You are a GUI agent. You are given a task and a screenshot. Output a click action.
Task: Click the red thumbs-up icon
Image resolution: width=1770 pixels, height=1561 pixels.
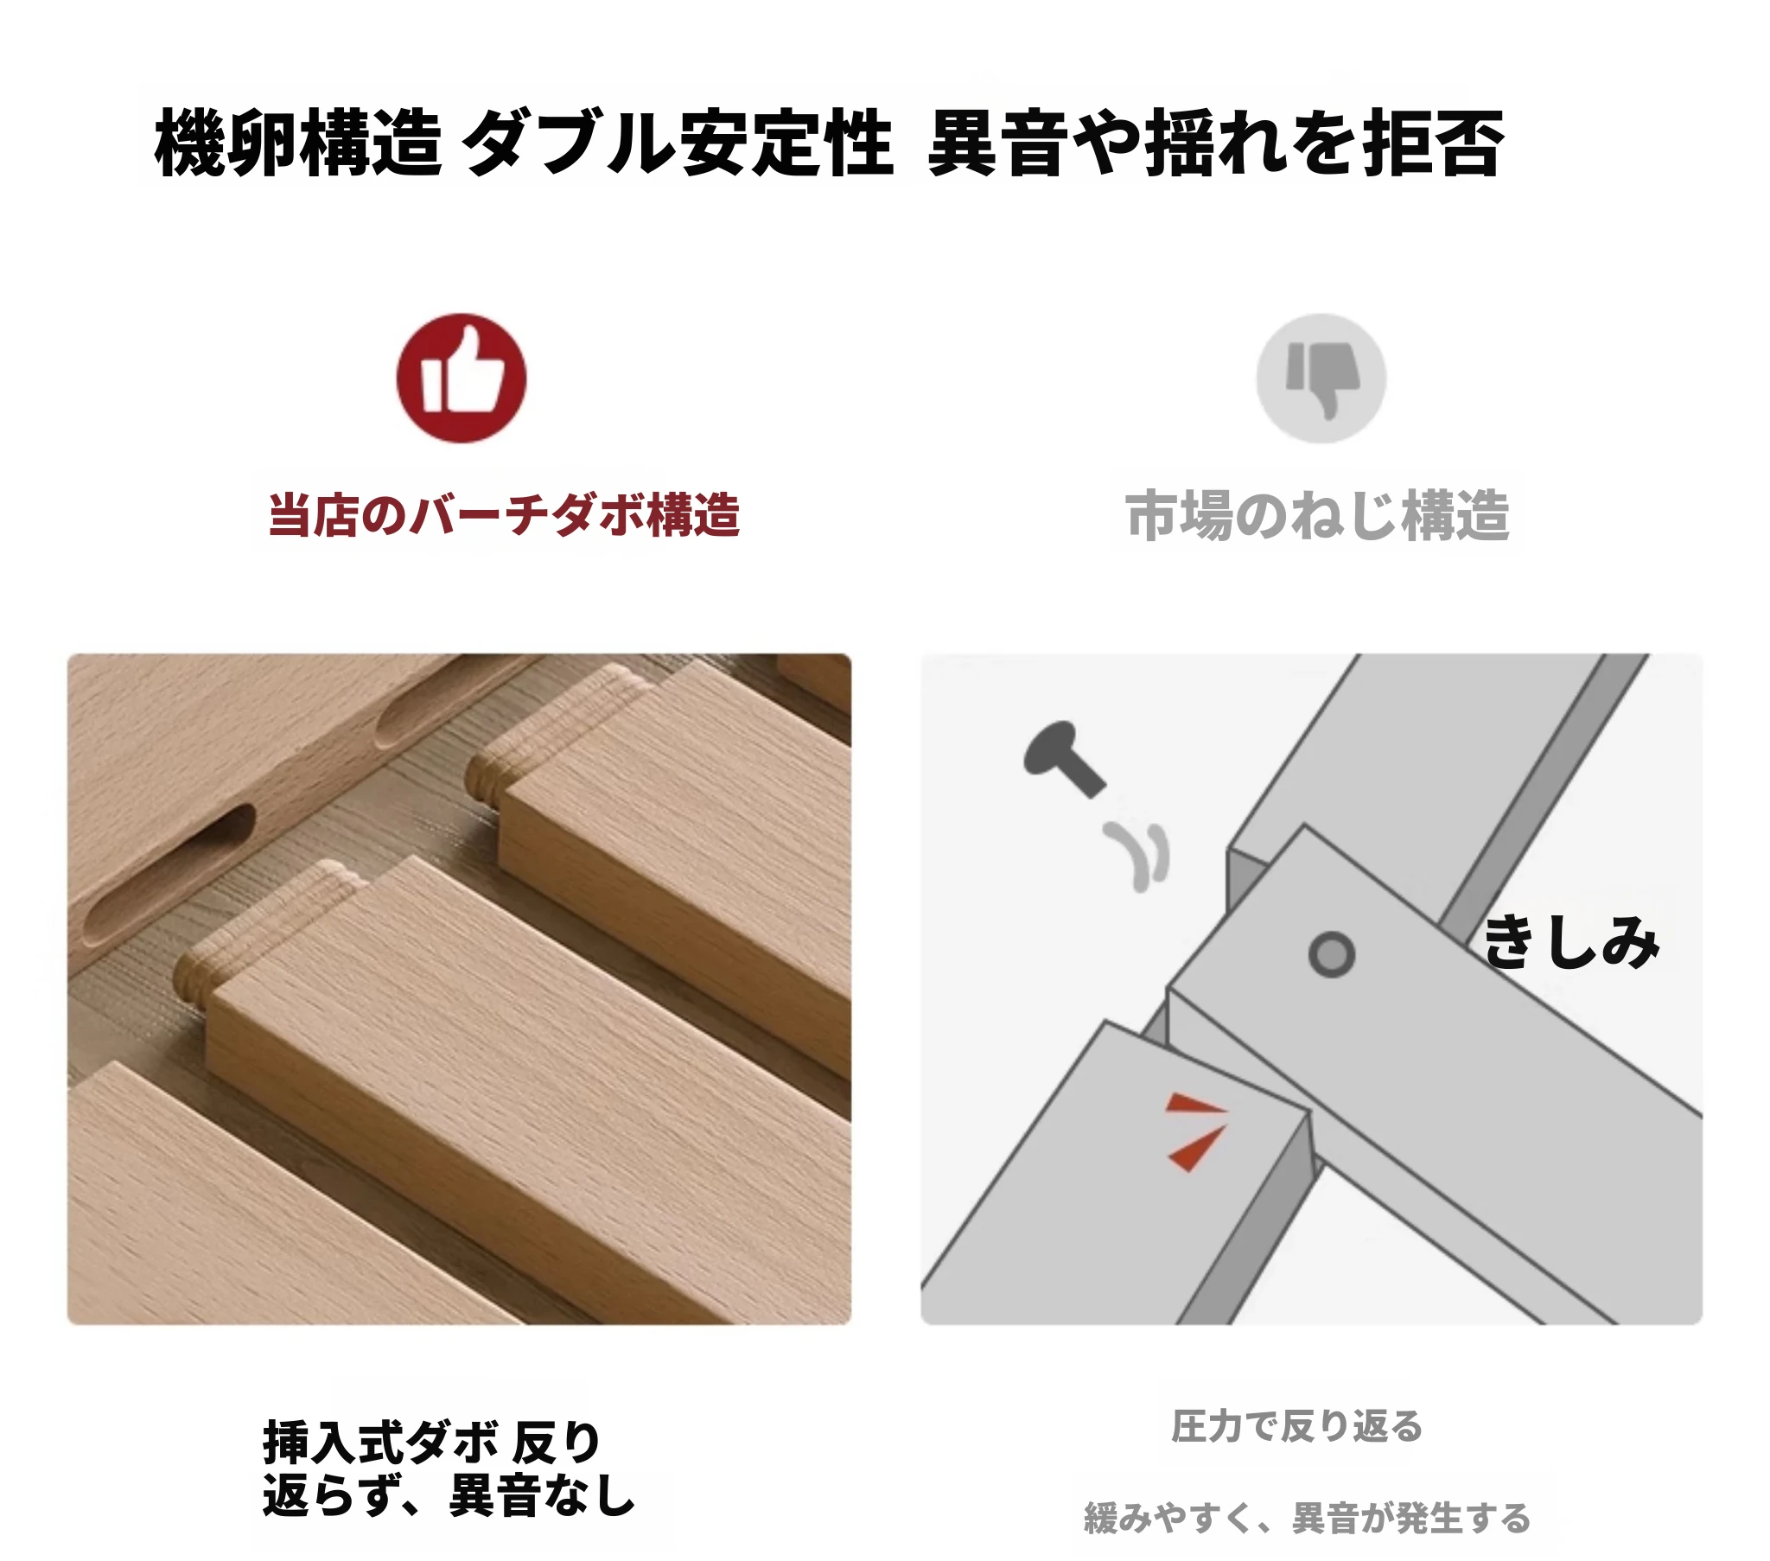[462, 378]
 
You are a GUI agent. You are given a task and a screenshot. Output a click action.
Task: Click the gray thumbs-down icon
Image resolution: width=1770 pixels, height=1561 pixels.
[1321, 378]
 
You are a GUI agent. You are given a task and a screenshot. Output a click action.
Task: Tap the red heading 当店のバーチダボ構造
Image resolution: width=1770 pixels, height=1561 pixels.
[504, 514]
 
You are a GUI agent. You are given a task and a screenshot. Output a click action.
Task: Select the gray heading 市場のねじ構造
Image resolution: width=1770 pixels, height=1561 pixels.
[1317, 515]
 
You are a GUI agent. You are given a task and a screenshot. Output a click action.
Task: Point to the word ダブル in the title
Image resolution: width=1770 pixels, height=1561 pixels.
[567, 143]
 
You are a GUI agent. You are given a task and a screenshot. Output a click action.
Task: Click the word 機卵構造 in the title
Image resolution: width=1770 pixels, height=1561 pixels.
[299, 143]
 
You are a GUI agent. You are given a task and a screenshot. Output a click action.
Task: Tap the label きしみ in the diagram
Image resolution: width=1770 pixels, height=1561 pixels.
[1571, 941]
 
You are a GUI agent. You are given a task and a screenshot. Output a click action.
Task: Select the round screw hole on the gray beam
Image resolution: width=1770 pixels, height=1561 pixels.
[1332, 954]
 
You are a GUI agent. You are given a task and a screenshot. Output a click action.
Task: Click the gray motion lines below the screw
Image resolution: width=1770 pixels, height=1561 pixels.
[1137, 856]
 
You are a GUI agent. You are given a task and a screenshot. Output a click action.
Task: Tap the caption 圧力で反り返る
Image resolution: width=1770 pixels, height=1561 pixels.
[1296, 1426]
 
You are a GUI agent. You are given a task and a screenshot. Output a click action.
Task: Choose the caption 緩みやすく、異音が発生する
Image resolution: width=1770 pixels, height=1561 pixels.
[1308, 1519]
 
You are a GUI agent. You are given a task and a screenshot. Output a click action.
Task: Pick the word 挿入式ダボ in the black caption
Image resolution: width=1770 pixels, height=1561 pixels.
[381, 1443]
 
